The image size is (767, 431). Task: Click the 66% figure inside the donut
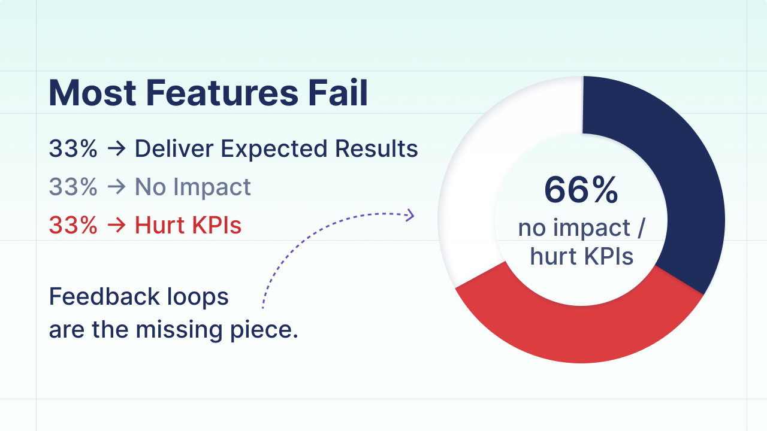[x=581, y=190]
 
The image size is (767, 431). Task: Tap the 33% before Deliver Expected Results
[x=73, y=149]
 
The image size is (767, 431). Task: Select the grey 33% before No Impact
[x=73, y=187]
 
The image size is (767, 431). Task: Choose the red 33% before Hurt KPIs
[x=73, y=226]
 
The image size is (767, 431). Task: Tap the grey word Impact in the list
[x=213, y=187]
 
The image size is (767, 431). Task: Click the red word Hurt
[x=157, y=226]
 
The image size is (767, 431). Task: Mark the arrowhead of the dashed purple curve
[x=411, y=215]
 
